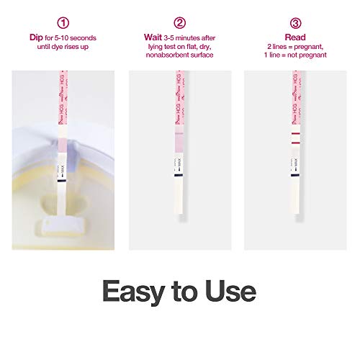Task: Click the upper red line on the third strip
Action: point(295,135)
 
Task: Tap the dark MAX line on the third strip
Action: point(295,173)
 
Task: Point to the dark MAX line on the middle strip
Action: point(179,173)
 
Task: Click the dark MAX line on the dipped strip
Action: point(63,184)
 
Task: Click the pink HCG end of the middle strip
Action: point(180,83)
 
